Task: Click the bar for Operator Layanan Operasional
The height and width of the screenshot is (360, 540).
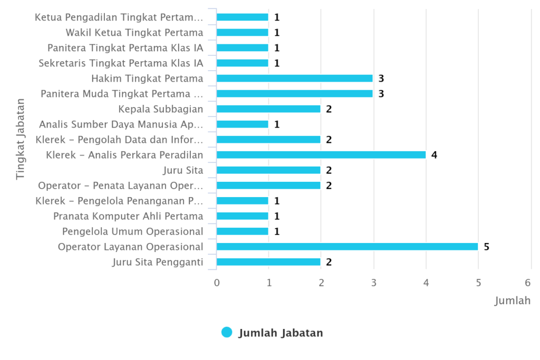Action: point(347,247)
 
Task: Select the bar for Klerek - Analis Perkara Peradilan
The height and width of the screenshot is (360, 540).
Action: point(321,155)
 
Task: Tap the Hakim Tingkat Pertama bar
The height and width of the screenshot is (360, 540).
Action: point(294,79)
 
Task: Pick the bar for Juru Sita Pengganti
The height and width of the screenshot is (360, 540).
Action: point(268,262)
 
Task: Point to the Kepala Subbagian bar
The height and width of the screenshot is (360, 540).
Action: point(268,109)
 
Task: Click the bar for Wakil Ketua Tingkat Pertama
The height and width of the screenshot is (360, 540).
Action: point(242,33)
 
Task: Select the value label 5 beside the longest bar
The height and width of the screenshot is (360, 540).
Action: point(486,247)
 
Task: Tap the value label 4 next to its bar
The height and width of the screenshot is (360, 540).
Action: point(434,155)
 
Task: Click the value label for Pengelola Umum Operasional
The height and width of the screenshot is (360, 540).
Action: point(276,231)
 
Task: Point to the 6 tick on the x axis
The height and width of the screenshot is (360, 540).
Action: point(531,283)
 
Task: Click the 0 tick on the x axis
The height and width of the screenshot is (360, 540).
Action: point(217,283)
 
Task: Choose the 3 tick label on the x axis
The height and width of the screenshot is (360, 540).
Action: point(373,283)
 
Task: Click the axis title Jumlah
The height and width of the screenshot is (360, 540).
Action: point(512,301)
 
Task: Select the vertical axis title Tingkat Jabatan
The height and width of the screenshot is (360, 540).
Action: point(20,138)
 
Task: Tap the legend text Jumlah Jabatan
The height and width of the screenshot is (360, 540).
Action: point(281,333)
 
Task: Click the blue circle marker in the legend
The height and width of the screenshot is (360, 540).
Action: point(227,332)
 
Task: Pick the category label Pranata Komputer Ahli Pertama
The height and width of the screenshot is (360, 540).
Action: point(128,216)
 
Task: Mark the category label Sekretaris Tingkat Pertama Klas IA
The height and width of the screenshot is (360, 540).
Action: point(121,63)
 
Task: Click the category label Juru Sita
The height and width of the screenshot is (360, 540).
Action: point(184,170)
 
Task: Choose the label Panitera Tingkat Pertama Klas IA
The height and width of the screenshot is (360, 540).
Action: point(125,48)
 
